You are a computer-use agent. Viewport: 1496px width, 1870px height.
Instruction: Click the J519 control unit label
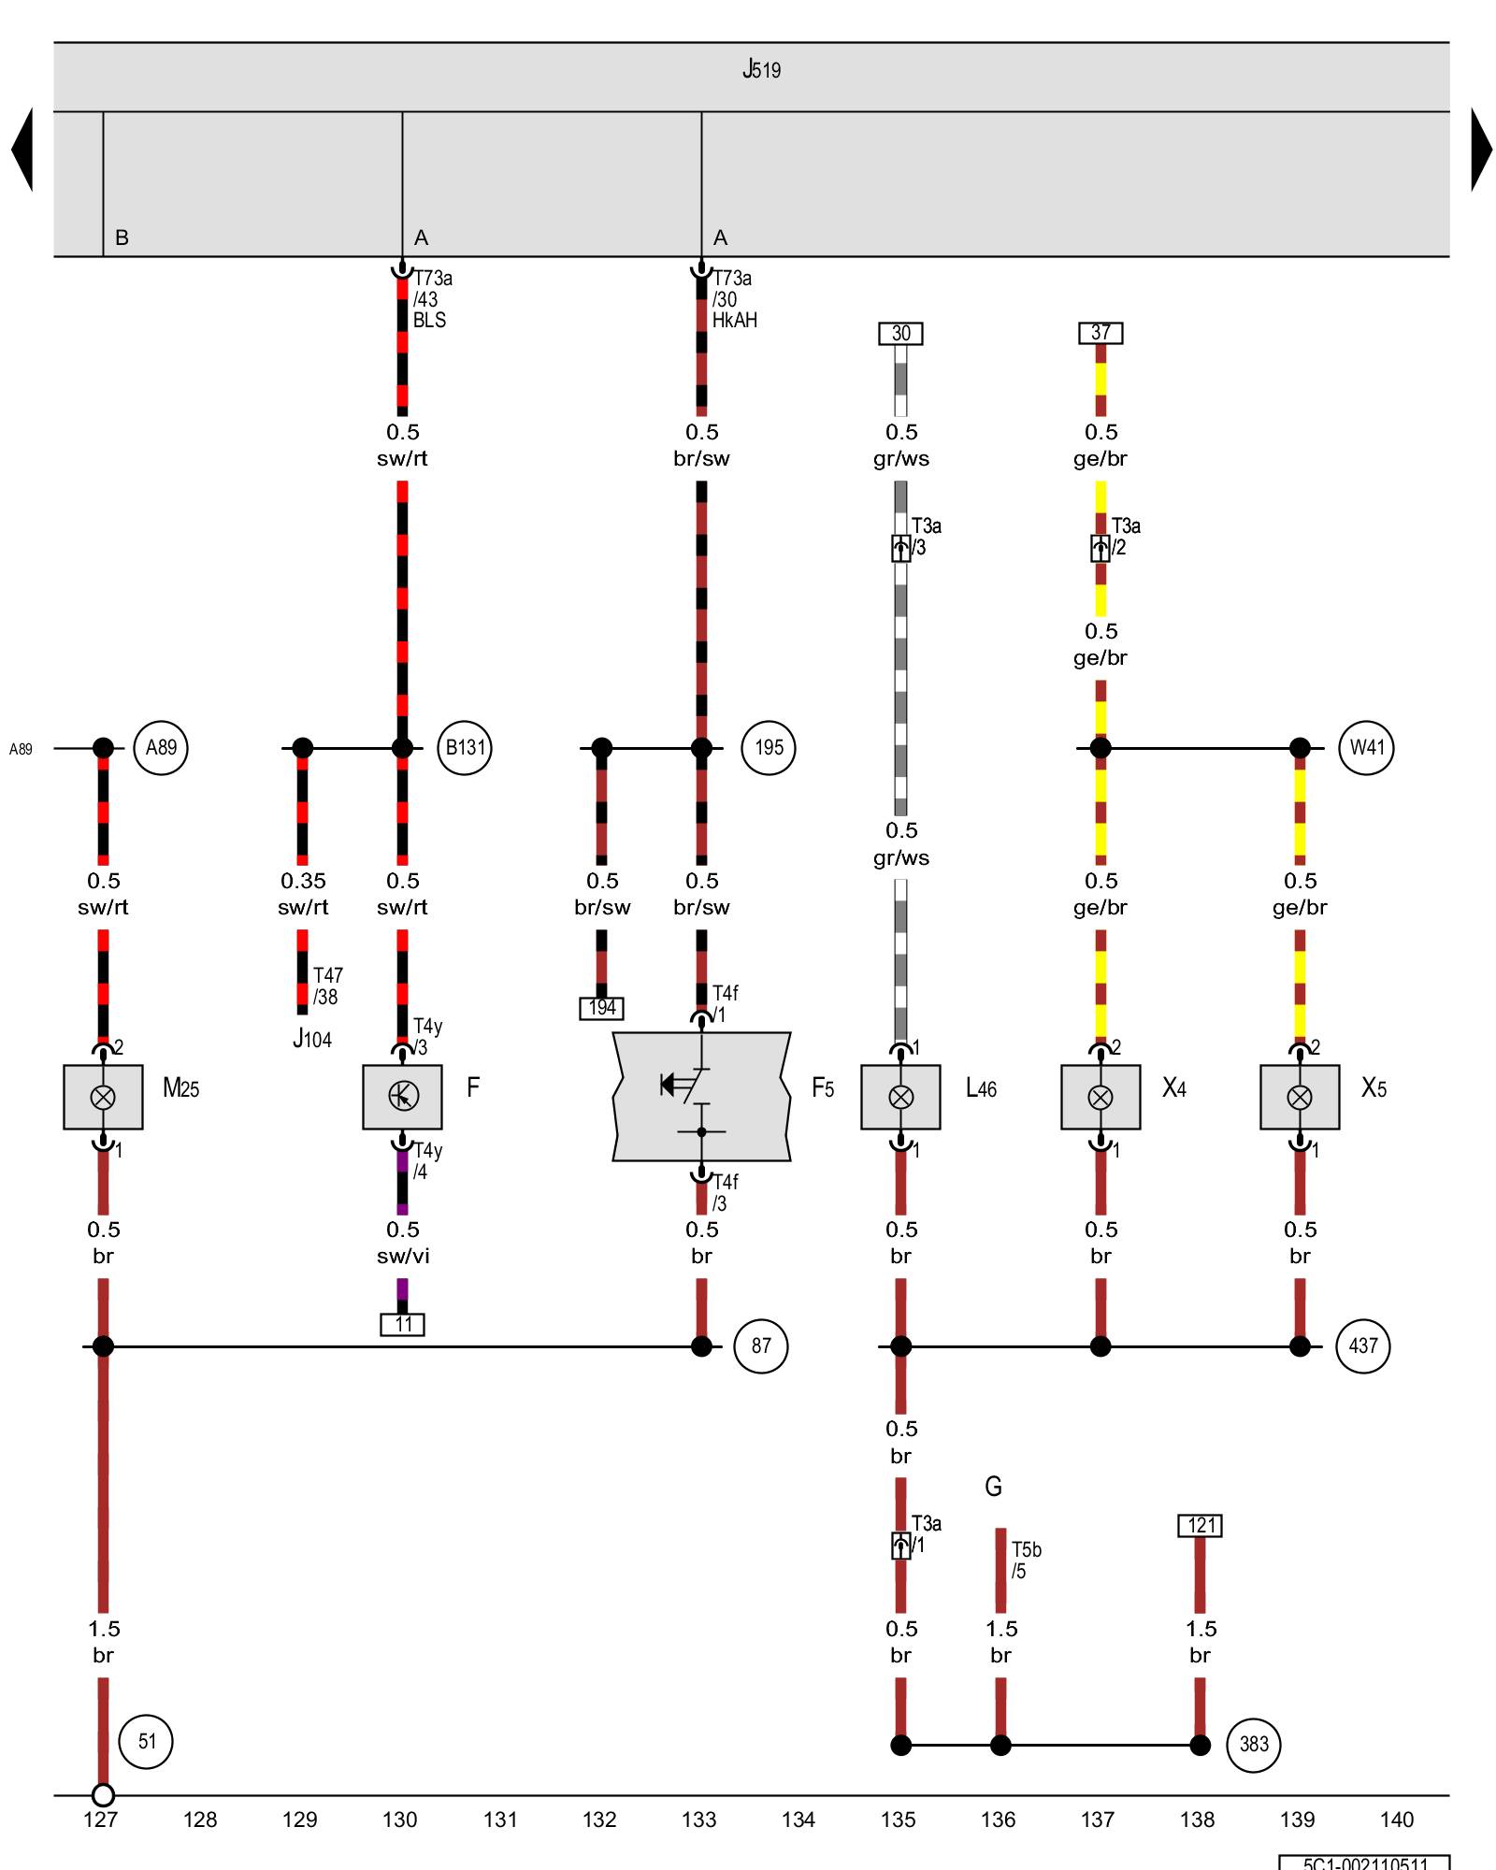[761, 70]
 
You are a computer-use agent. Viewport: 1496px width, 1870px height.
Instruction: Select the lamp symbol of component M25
[103, 1097]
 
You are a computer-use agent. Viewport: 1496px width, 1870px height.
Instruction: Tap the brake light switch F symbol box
[402, 1096]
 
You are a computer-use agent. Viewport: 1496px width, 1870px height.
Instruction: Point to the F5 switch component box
[701, 1096]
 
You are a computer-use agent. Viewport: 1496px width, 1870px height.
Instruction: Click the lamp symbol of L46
[900, 1097]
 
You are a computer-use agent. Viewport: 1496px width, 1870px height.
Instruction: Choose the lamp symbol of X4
[1100, 1097]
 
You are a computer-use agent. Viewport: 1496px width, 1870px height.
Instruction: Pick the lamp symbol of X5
[1300, 1097]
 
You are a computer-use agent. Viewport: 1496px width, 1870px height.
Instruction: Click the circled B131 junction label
[465, 748]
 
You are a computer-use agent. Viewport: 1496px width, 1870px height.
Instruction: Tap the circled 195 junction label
[769, 748]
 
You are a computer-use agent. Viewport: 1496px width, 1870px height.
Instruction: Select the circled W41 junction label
[1366, 748]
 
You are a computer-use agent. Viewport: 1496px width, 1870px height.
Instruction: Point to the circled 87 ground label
[761, 1346]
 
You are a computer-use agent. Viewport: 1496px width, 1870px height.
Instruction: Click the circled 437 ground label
[1363, 1346]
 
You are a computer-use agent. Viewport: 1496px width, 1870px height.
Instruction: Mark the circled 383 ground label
[1254, 1745]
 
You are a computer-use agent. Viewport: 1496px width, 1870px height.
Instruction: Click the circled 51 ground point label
[147, 1741]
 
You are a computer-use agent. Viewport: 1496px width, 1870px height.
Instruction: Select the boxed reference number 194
[601, 1008]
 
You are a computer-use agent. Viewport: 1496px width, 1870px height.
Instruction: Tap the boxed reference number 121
[1201, 1526]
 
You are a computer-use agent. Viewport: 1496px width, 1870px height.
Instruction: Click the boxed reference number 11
[403, 1325]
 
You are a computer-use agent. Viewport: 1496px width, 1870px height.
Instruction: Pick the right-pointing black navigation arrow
[1481, 150]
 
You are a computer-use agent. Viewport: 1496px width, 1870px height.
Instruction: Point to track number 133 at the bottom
[699, 1820]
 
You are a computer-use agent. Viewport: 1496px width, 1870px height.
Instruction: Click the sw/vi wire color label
[403, 1257]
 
